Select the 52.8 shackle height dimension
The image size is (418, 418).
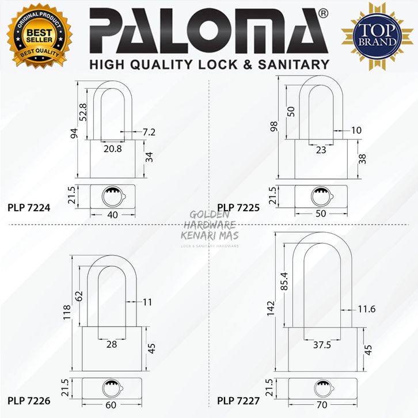point(82,112)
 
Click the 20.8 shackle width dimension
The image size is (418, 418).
point(113,149)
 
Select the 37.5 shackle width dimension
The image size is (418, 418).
point(321,347)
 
